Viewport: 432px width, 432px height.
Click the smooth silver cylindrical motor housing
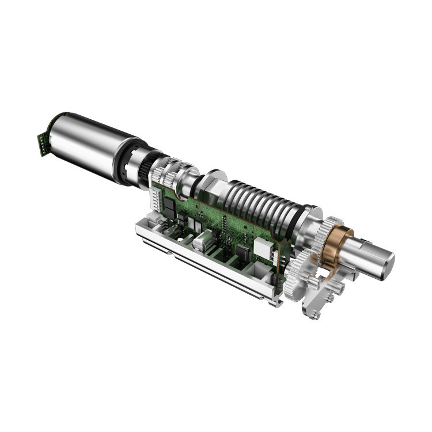(x=86, y=144)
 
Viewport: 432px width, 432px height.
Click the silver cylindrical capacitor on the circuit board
(x=203, y=241)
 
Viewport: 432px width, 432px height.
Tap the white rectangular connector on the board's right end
(x=264, y=247)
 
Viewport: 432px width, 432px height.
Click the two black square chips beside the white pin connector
(x=181, y=219)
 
